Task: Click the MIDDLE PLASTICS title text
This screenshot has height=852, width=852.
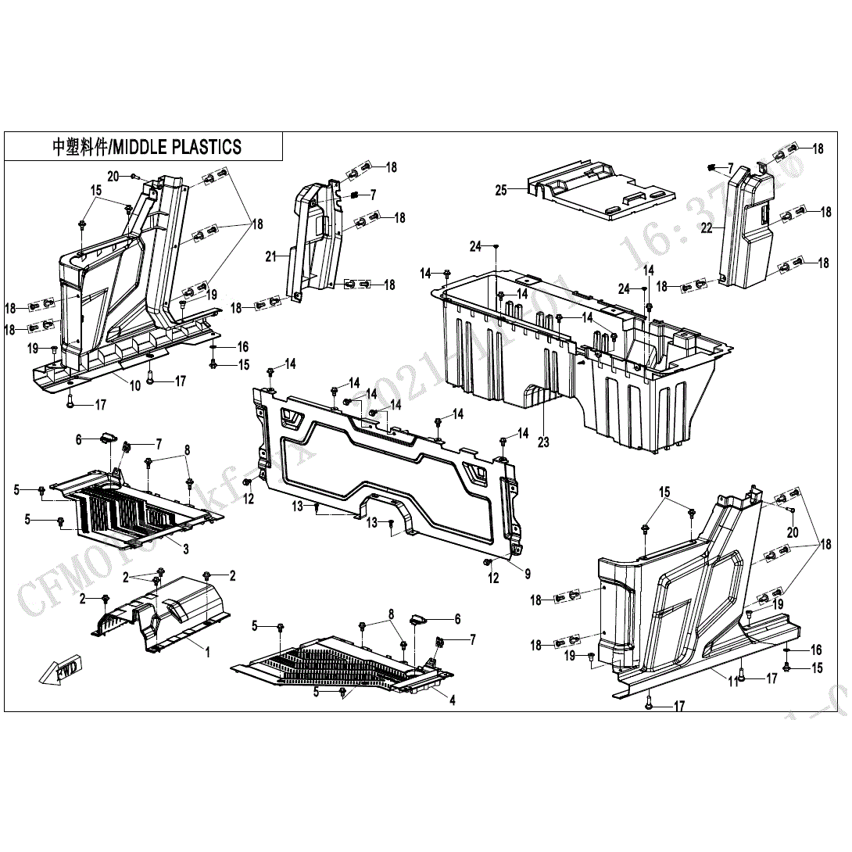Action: pyautogui.click(x=147, y=147)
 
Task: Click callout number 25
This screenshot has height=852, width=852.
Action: pyautogui.click(x=501, y=190)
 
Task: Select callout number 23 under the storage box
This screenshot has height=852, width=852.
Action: pyautogui.click(x=543, y=442)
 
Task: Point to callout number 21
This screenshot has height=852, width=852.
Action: pyautogui.click(x=271, y=256)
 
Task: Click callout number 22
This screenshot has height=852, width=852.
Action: pyautogui.click(x=707, y=228)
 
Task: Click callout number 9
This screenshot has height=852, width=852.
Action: pyautogui.click(x=528, y=574)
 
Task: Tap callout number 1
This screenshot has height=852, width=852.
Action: pyautogui.click(x=208, y=652)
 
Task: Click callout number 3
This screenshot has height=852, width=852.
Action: pyautogui.click(x=185, y=550)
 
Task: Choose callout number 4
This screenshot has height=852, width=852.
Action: pyautogui.click(x=453, y=700)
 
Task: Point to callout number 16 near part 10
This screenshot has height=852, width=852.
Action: pyautogui.click(x=243, y=346)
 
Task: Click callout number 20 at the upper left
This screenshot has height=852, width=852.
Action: pyautogui.click(x=113, y=177)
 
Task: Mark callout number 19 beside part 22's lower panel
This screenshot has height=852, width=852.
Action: pyautogui.click(x=779, y=604)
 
